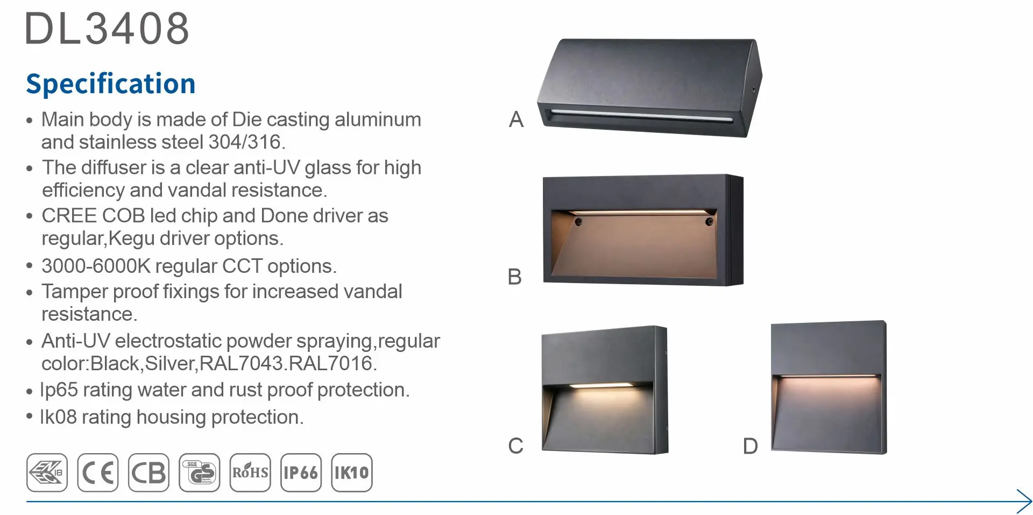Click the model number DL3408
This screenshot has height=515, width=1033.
pos(107,29)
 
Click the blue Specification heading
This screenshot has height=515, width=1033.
pos(111,84)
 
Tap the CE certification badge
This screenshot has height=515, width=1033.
pos(97,472)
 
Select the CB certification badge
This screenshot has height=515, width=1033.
pos(148,472)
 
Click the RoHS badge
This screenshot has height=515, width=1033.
pos(250,472)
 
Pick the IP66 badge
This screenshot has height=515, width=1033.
pos(301,472)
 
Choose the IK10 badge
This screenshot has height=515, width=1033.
pos(352,472)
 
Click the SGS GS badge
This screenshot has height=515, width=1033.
pos(200,472)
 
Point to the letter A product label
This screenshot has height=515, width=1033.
pos(516,119)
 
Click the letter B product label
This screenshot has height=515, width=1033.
pos(515,277)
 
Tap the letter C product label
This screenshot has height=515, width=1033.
pos(515,446)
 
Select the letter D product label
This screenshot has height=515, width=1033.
pos(750,446)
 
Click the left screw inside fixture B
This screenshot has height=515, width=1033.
pos(578,222)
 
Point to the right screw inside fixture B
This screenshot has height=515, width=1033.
pos(709,221)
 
